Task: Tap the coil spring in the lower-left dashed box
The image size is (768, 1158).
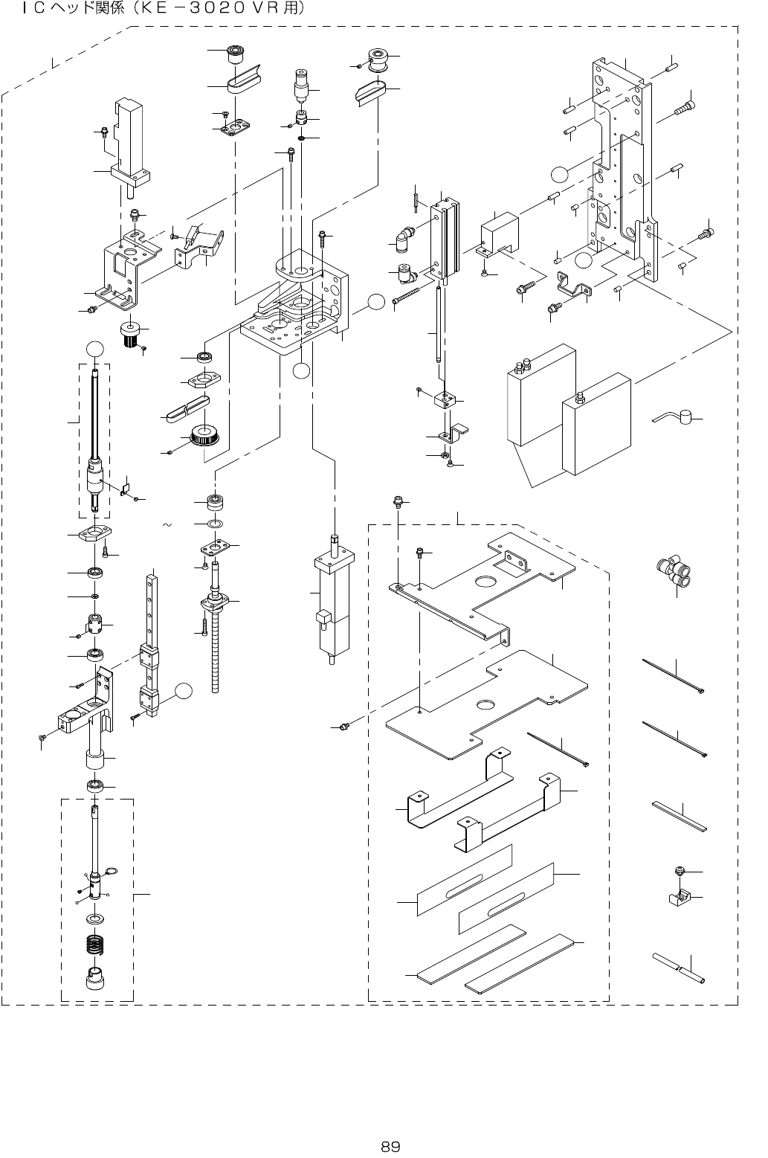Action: pos(94,945)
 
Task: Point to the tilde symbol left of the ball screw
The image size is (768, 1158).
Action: pos(167,525)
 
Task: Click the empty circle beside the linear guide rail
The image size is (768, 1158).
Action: pos(184,691)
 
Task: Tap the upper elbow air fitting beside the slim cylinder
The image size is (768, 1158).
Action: pos(403,239)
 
